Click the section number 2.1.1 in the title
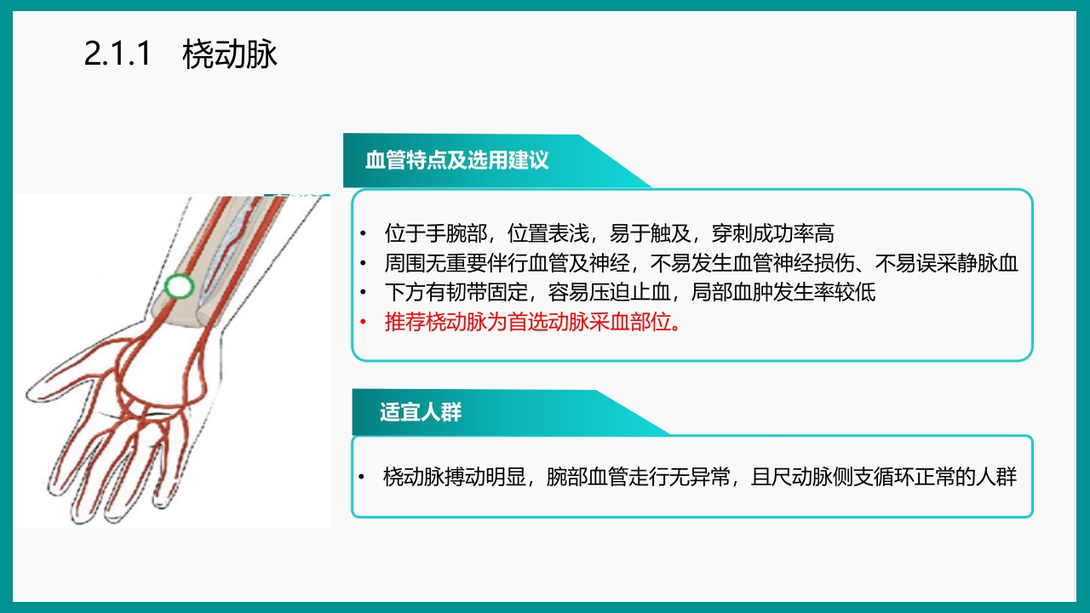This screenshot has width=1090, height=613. (118, 55)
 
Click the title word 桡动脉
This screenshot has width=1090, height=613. (230, 55)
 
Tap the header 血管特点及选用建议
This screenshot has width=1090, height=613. (456, 161)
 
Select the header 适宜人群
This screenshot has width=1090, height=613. (421, 413)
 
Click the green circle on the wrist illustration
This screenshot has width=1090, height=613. (179, 287)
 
